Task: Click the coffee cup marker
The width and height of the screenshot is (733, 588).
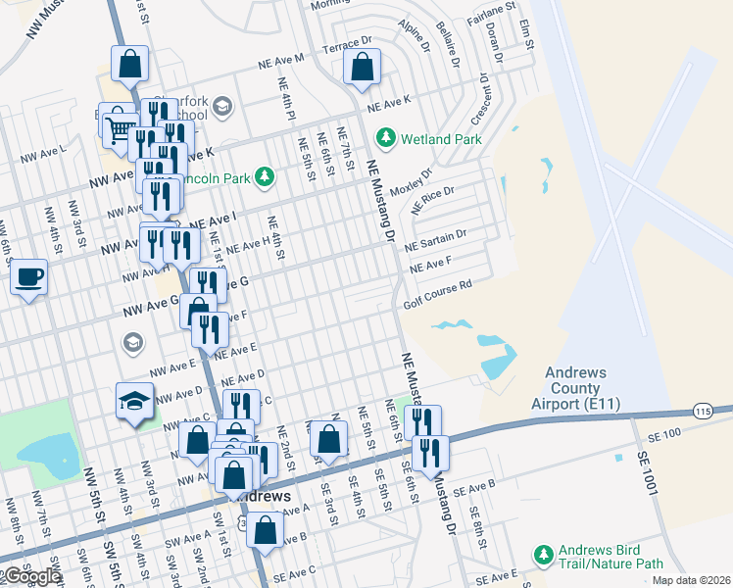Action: point(30,277)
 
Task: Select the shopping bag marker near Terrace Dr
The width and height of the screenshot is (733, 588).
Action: point(362,67)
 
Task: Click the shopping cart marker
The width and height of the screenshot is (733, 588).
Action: point(119,126)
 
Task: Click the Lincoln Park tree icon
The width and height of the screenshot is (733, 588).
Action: point(264,176)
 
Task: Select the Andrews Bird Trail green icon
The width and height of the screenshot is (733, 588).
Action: point(544,556)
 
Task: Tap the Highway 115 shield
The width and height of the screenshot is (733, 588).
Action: point(701,411)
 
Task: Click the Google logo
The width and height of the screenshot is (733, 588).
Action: point(31,576)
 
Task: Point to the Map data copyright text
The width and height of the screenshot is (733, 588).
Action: point(691,580)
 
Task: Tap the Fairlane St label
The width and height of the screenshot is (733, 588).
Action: point(496,10)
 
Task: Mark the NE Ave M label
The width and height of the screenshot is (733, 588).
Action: point(282,60)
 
